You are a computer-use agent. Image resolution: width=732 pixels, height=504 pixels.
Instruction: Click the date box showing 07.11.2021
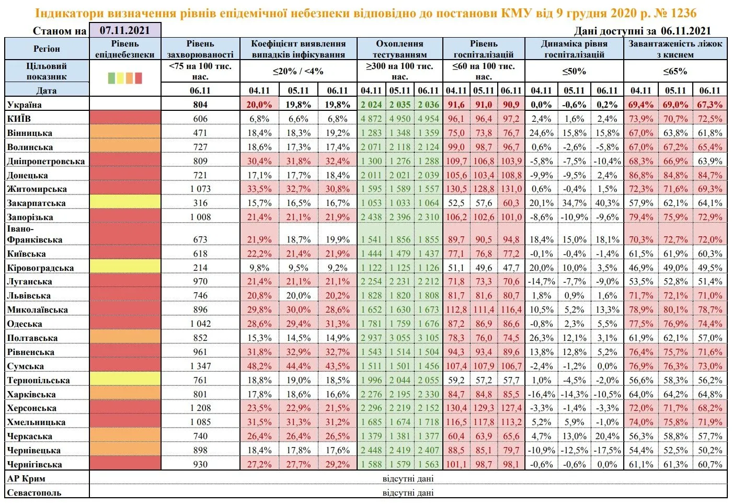[x=124, y=30]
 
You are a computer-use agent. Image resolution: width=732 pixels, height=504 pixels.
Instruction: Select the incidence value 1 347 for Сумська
[x=200, y=366]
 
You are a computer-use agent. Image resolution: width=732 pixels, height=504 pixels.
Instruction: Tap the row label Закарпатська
[x=37, y=203]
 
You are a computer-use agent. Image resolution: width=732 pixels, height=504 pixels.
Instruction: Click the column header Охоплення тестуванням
[x=399, y=49]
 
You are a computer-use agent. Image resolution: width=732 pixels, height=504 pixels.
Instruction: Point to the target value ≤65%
[x=675, y=71]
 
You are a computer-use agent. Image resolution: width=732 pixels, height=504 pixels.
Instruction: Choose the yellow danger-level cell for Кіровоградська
[x=125, y=268]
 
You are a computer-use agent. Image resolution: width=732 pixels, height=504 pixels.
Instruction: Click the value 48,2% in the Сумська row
[x=260, y=366]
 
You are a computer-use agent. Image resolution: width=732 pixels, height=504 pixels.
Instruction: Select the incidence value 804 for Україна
[x=200, y=105]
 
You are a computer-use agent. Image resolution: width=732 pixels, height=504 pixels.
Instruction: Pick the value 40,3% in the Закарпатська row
[x=607, y=203]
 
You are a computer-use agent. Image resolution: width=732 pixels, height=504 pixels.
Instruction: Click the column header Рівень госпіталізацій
[x=484, y=49]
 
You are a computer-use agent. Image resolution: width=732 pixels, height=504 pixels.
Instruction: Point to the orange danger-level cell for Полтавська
[x=125, y=338]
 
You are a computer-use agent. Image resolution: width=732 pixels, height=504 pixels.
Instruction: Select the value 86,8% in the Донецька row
[x=641, y=175]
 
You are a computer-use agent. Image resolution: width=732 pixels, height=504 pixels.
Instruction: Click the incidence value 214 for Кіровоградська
[x=200, y=268]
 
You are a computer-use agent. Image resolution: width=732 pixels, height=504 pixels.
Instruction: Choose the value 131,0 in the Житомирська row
[x=511, y=189]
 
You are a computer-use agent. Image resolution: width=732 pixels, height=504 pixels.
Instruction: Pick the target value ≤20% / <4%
[x=298, y=71]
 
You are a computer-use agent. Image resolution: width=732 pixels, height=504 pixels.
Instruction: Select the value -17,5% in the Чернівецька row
[x=607, y=450]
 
